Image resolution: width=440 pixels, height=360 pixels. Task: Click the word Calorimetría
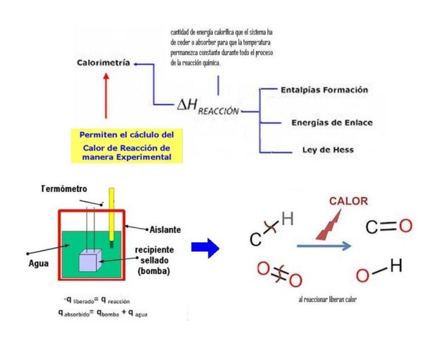click(x=104, y=63)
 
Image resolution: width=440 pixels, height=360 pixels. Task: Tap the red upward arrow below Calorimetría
click(x=106, y=95)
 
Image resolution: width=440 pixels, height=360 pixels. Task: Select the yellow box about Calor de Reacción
click(x=126, y=145)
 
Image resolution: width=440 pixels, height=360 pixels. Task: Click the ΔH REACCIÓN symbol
click(x=208, y=107)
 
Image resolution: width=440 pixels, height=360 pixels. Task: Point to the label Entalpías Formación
click(x=324, y=90)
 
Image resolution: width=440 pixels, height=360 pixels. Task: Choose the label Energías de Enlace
click(x=332, y=123)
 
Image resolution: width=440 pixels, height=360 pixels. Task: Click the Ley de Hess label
click(x=328, y=150)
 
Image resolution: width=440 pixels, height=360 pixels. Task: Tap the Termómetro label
click(x=64, y=189)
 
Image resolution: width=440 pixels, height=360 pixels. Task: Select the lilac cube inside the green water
click(x=90, y=260)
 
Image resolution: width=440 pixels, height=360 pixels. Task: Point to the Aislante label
click(x=165, y=229)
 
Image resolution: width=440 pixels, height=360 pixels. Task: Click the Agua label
click(x=39, y=263)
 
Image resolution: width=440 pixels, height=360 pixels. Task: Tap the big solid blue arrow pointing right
click(x=205, y=248)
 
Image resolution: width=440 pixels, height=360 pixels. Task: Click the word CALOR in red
click(x=348, y=201)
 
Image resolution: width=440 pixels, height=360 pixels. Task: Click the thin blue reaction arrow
click(x=324, y=246)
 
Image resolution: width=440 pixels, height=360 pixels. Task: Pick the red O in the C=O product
click(x=405, y=226)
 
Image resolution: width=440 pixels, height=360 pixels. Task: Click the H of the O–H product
click(x=396, y=265)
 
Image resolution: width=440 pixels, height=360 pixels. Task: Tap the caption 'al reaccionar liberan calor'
click(x=327, y=299)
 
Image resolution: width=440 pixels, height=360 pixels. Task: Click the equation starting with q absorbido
click(x=103, y=313)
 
